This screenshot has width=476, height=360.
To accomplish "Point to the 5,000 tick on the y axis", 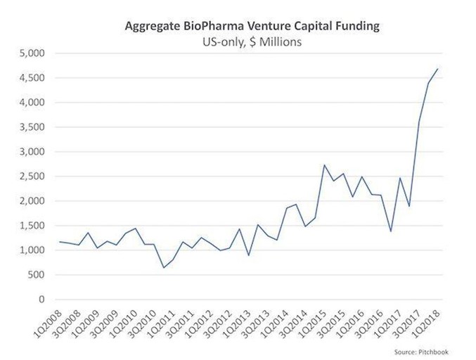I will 32,53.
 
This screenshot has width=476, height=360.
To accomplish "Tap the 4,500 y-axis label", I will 32,78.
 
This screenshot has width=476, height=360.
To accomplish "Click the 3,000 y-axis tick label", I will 32,152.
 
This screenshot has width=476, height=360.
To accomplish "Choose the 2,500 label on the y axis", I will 32,176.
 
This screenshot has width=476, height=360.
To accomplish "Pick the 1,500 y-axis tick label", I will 32,226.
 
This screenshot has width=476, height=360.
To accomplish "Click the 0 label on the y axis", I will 42,300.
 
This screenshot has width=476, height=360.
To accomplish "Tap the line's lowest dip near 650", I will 164,267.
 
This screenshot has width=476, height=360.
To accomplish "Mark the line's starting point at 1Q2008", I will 60,242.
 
